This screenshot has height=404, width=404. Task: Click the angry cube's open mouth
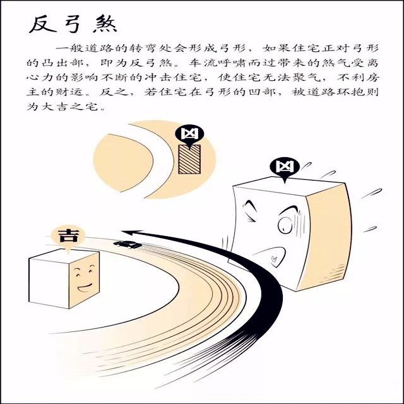[275, 256]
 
